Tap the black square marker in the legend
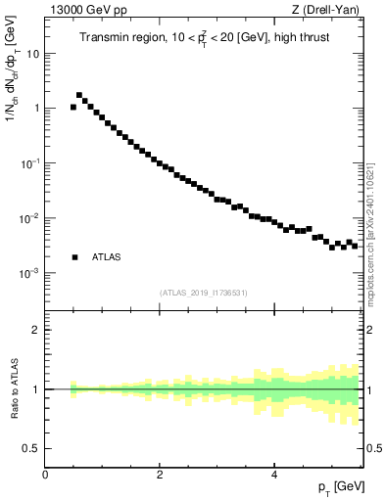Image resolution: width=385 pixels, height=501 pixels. click(x=74, y=257)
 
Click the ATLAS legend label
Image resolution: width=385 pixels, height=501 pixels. click(x=107, y=257)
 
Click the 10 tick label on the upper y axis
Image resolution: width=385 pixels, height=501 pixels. click(x=33, y=54)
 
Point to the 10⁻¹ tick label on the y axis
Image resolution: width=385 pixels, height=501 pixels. click(x=31, y=163)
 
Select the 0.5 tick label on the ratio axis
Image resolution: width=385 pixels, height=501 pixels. click(x=31, y=448)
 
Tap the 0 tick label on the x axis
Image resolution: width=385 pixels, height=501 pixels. click(x=45, y=476)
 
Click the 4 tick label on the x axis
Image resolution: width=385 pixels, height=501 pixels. click(x=273, y=476)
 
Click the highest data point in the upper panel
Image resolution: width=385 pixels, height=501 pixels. click(x=79, y=95)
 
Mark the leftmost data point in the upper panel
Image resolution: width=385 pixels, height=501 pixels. click(x=73, y=108)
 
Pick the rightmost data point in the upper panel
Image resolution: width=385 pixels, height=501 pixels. click(x=355, y=246)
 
